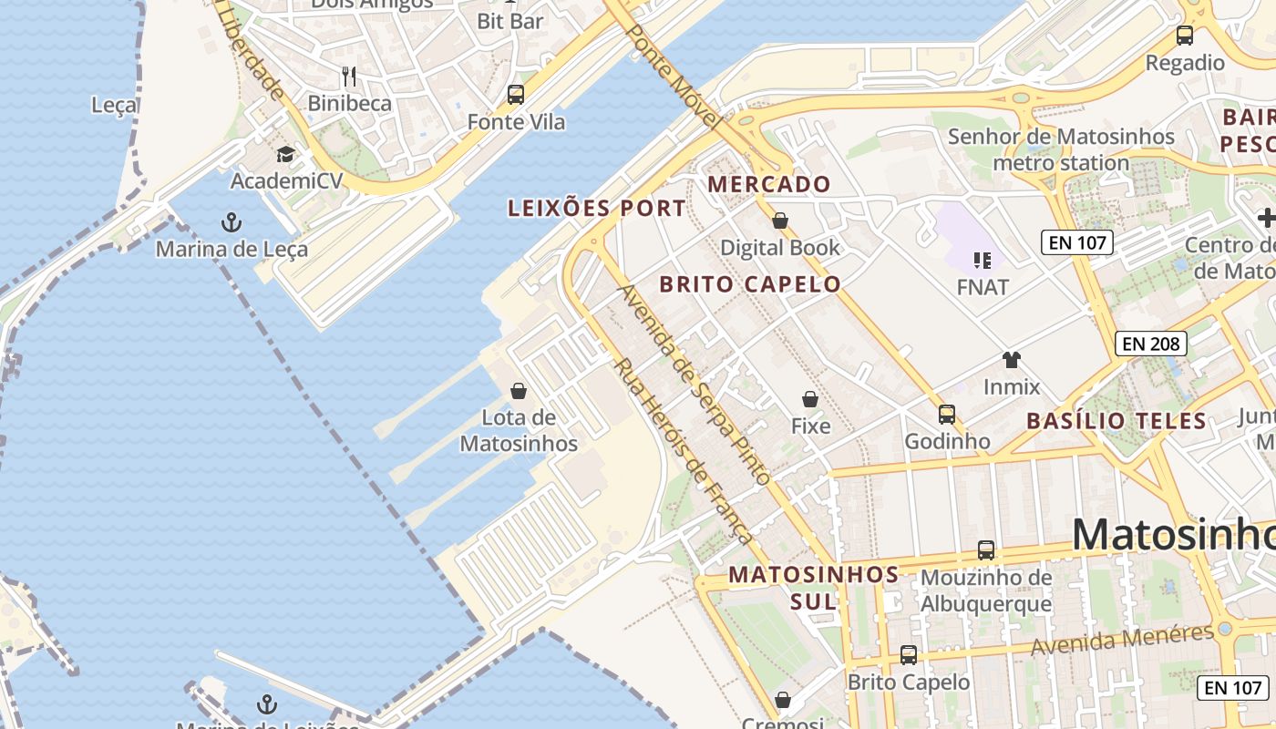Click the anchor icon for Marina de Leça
232,221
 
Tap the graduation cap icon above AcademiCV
286,154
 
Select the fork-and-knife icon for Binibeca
349,76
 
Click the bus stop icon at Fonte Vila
516,94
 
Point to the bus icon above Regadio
1185,36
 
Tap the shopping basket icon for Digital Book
780,220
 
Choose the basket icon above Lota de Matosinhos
519,391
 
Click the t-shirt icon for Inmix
1012,359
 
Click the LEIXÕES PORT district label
597,208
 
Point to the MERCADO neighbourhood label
769,184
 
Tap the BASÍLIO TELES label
1116,421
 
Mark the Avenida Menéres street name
1123,640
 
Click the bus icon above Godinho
947,415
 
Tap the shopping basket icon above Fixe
810,399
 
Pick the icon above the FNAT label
983,261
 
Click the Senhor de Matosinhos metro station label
1062,149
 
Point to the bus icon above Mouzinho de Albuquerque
986,550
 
